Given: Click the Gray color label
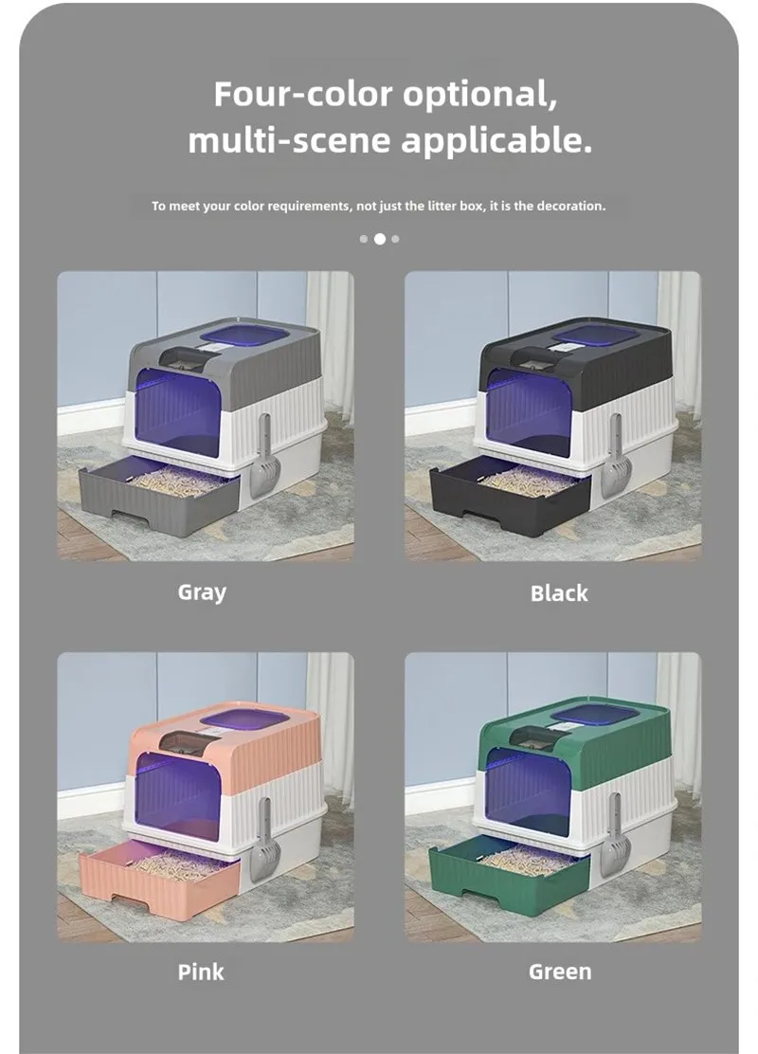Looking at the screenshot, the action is (202, 593).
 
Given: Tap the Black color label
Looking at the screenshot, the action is (559, 593).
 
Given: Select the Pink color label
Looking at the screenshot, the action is (201, 972).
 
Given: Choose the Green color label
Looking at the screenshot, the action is (560, 972).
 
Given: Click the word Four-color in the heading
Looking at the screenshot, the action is (304, 94).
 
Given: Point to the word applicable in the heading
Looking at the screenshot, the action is (497, 141).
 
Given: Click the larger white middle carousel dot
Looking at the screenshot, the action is (380, 239).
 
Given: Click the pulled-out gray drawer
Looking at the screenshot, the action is (159, 498).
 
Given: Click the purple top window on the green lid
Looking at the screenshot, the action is (595, 716).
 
